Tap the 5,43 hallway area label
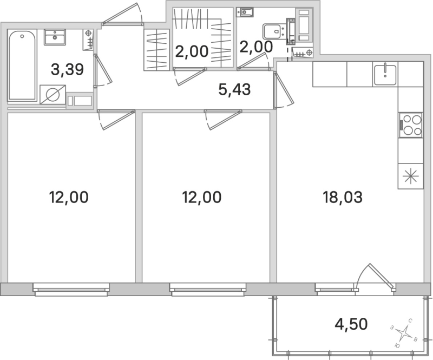point(234,90)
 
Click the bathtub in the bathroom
point(22,66)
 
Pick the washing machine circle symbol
point(53,96)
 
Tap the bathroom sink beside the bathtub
point(54,37)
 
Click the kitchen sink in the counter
point(385,73)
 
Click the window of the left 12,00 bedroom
point(71,289)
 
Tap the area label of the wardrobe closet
point(192,53)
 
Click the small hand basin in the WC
point(246,11)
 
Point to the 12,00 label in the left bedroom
point(68,197)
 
